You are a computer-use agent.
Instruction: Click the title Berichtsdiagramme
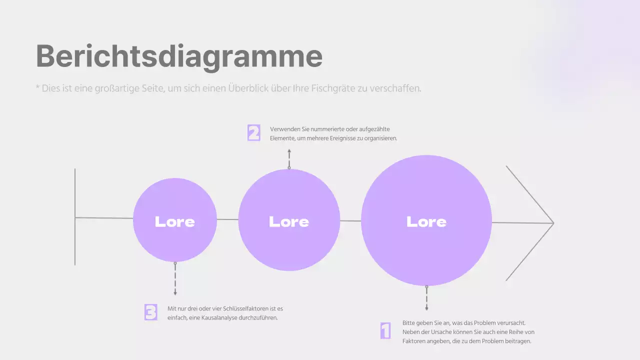[179, 56]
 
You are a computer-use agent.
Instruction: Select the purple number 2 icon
[254, 133]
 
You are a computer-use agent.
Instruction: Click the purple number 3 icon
[151, 312]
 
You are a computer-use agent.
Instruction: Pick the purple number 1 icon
[385, 330]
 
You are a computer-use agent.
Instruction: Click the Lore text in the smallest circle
[174, 221]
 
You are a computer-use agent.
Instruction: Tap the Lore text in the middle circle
[289, 221]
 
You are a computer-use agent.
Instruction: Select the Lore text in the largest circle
[426, 221]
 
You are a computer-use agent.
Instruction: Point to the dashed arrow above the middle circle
[289, 158]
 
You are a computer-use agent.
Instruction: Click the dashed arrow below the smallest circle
[175, 279]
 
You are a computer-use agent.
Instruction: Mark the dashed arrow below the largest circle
[426, 299]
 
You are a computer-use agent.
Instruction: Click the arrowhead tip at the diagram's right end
[552, 223]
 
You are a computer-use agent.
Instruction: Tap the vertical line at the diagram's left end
[75, 216]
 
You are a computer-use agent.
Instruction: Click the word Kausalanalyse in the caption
[219, 318]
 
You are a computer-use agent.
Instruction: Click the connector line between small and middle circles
[227, 219]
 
